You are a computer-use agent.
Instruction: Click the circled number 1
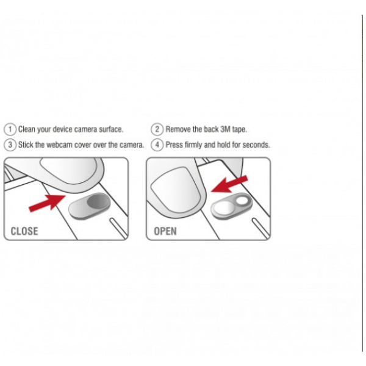coord(10,129)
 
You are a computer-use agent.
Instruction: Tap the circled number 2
coord(157,129)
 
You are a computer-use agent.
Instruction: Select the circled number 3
coord(10,145)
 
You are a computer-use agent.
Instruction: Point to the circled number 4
coord(157,145)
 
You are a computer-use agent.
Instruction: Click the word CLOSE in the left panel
coord(24,231)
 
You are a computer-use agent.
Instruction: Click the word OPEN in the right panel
coord(165,231)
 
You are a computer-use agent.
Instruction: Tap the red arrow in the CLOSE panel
coord(47,203)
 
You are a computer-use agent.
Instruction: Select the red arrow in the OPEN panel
coord(229,184)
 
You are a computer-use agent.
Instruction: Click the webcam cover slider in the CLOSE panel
coord(90,206)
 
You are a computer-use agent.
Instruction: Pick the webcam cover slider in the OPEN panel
coord(232,206)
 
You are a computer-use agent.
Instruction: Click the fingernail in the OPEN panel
coord(176,190)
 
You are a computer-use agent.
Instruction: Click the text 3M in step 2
coord(226,129)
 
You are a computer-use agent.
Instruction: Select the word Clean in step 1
coord(27,129)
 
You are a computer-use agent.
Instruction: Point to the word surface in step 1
coord(111,129)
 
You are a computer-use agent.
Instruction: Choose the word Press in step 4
coord(174,145)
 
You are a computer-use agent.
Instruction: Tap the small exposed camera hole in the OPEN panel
coord(242,201)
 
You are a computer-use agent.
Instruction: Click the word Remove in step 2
coord(178,129)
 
